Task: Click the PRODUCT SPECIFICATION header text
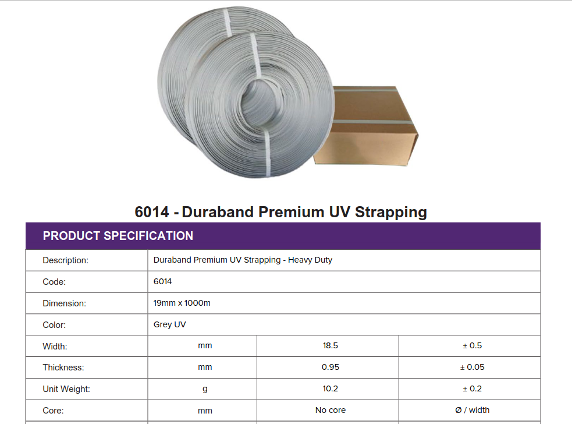point(118,236)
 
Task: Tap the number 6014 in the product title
point(152,212)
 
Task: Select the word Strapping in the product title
point(390,213)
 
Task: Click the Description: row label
point(66,260)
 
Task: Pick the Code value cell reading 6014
point(163,281)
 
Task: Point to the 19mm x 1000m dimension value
point(182,303)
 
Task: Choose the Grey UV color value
point(170,324)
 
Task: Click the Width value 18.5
point(330,345)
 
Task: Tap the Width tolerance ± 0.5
point(472,345)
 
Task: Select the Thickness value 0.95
point(330,367)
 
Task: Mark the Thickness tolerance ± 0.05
point(472,367)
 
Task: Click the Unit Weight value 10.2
point(330,388)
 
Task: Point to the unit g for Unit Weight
point(205,389)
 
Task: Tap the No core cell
point(331,410)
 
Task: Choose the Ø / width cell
point(472,410)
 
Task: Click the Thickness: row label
point(63,368)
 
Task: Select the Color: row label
point(54,325)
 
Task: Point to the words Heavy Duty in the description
point(310,260)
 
